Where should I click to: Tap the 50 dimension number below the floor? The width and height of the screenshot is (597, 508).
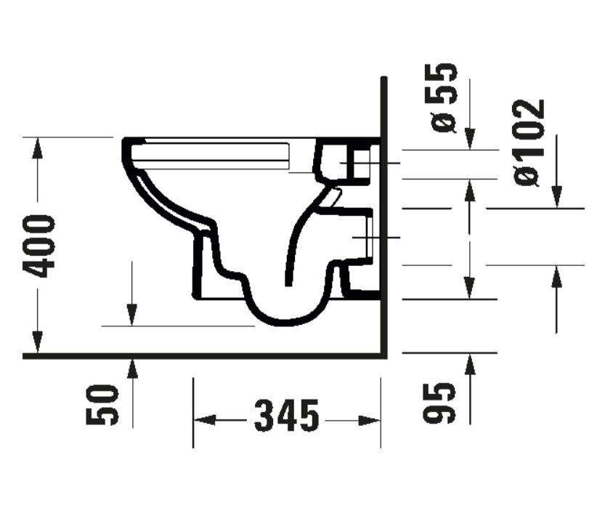[102, 406]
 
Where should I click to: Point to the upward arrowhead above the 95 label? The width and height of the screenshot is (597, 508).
[470, 363]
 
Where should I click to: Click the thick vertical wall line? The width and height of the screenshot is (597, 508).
[384, 218]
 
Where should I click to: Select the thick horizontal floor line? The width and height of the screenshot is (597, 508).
[203, 356]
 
